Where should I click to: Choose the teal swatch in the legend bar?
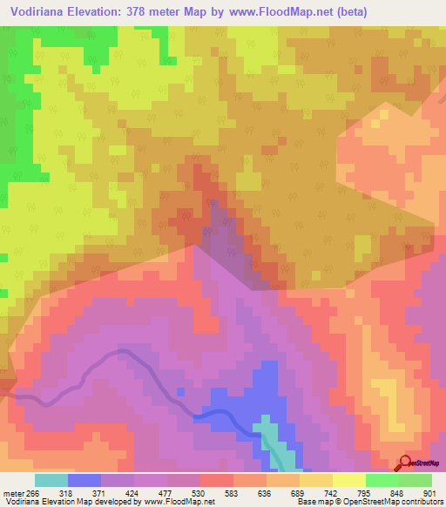tap(51, 480)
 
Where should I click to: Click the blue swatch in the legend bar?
tap(84, 480)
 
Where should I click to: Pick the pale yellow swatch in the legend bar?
tap(349, 480)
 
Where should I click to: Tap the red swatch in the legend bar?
tap(217, 480)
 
